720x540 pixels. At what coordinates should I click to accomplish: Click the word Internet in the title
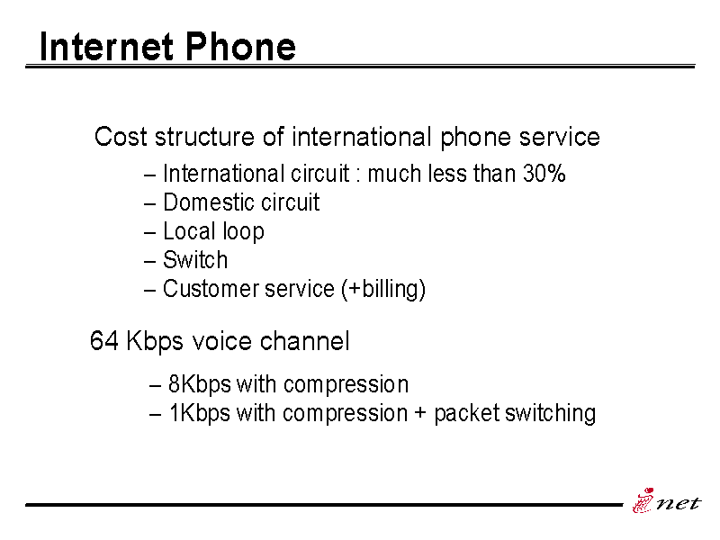[x=106, y=47]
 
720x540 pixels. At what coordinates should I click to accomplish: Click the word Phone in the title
[x=240, y=47]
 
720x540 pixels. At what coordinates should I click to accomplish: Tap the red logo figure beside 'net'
[x=643, y=500]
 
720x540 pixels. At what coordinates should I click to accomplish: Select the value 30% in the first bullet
[x=544, y=174]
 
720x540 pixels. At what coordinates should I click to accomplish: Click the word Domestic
[x=205, y=202]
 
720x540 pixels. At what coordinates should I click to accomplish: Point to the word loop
[x=243, y=232]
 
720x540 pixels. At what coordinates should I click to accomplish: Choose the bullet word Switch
[x=195, y=260]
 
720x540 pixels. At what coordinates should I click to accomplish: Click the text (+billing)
[x=383, y=289]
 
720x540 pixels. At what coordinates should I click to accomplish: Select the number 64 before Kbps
[x=104, y=341]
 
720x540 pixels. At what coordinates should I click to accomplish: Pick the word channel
[x=304, y=341]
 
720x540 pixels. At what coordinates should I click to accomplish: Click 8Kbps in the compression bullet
[x=199, y=385]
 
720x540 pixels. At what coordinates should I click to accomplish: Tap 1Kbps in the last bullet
[x=199, y=413]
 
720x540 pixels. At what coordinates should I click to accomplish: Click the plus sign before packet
[x=420, y=413]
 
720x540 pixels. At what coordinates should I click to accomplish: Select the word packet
[x=466, y=413]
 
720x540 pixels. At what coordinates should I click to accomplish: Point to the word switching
[x=550, y=413]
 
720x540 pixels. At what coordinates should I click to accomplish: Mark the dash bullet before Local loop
[x=149, y=233]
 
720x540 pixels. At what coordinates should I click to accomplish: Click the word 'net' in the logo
[x=679, y=503]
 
